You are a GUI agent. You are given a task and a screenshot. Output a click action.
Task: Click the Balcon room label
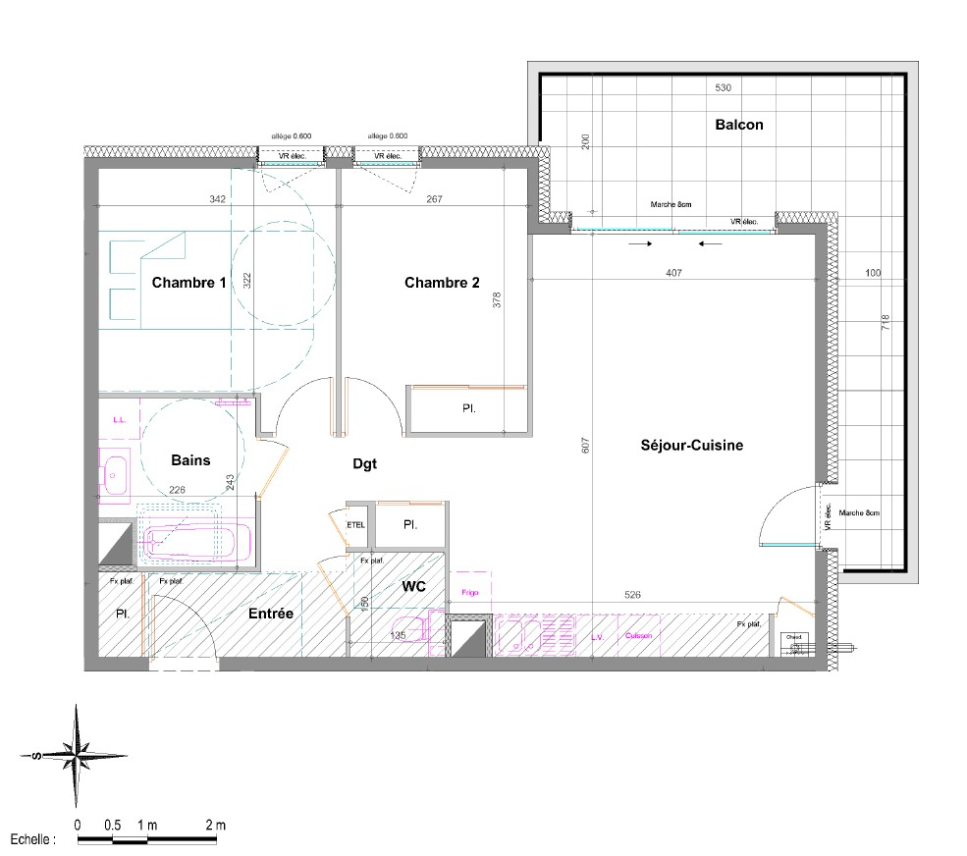point(738,125)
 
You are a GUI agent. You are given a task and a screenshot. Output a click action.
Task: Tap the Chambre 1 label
point(188,283)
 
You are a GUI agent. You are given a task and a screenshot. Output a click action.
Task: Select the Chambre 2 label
point(442,283)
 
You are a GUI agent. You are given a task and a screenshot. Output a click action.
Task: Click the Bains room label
point(190,459)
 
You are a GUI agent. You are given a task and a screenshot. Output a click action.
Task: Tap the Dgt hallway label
point(364,463)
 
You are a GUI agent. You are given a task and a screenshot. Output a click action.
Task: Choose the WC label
point(413,585)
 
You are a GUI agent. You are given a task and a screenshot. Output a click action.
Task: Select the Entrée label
point(270,613)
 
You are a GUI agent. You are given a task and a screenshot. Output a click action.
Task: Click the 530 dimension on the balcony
point(723,88)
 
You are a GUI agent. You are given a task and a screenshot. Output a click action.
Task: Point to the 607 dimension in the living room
point(585,444)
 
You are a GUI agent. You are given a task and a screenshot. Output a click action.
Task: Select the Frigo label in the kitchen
point(468,592)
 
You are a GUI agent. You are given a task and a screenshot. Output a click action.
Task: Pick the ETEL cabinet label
point(356,524)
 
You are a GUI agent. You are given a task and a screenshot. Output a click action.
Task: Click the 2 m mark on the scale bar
point(215,825)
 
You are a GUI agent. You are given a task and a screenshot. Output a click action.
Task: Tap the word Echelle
point(33,840)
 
